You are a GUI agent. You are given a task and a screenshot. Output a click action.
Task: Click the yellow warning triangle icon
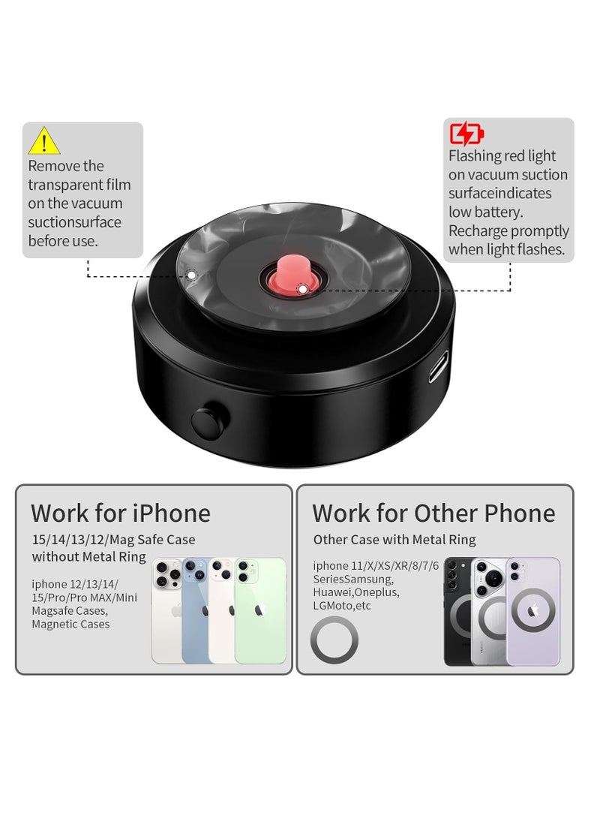[44, 141]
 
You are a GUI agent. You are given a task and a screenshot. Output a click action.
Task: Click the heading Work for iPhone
[121, 513]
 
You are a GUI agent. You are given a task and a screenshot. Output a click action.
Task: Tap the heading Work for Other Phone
[433, 513]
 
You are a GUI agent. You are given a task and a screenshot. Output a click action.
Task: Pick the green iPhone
[260, 611]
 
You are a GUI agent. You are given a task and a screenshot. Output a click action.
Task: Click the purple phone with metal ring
[532, 611]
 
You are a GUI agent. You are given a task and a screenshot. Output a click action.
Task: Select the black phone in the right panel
[458, 611]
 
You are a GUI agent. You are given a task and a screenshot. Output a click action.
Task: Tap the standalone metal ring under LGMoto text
[334, 640]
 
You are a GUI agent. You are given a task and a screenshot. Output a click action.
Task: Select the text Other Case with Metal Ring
[394, 540]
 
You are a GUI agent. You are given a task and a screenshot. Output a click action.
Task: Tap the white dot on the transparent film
[191, 276]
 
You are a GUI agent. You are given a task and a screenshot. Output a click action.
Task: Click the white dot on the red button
[302, 288]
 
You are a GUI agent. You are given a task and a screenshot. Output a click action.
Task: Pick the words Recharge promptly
[509, 231]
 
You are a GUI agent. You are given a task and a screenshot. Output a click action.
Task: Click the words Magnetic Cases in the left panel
[70, 624]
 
